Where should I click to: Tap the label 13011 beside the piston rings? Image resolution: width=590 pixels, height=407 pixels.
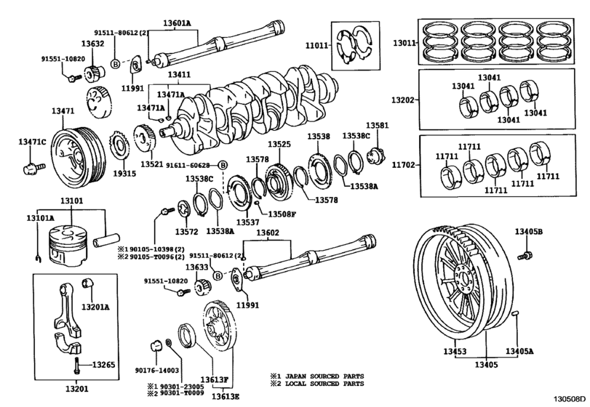[x=403, y=43]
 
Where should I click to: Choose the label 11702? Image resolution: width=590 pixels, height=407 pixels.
[x=403, y=165]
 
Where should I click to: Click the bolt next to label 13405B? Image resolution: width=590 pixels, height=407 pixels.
[x=523, y=255]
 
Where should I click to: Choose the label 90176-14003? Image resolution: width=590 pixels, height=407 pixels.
[x=157, y=371]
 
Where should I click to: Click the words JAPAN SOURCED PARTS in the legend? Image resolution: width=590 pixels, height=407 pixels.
[x=324, y=376]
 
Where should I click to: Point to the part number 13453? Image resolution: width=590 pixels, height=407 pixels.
[x=455, y=351]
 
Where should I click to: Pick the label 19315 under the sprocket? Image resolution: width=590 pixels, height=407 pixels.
[x=124, y=174]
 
